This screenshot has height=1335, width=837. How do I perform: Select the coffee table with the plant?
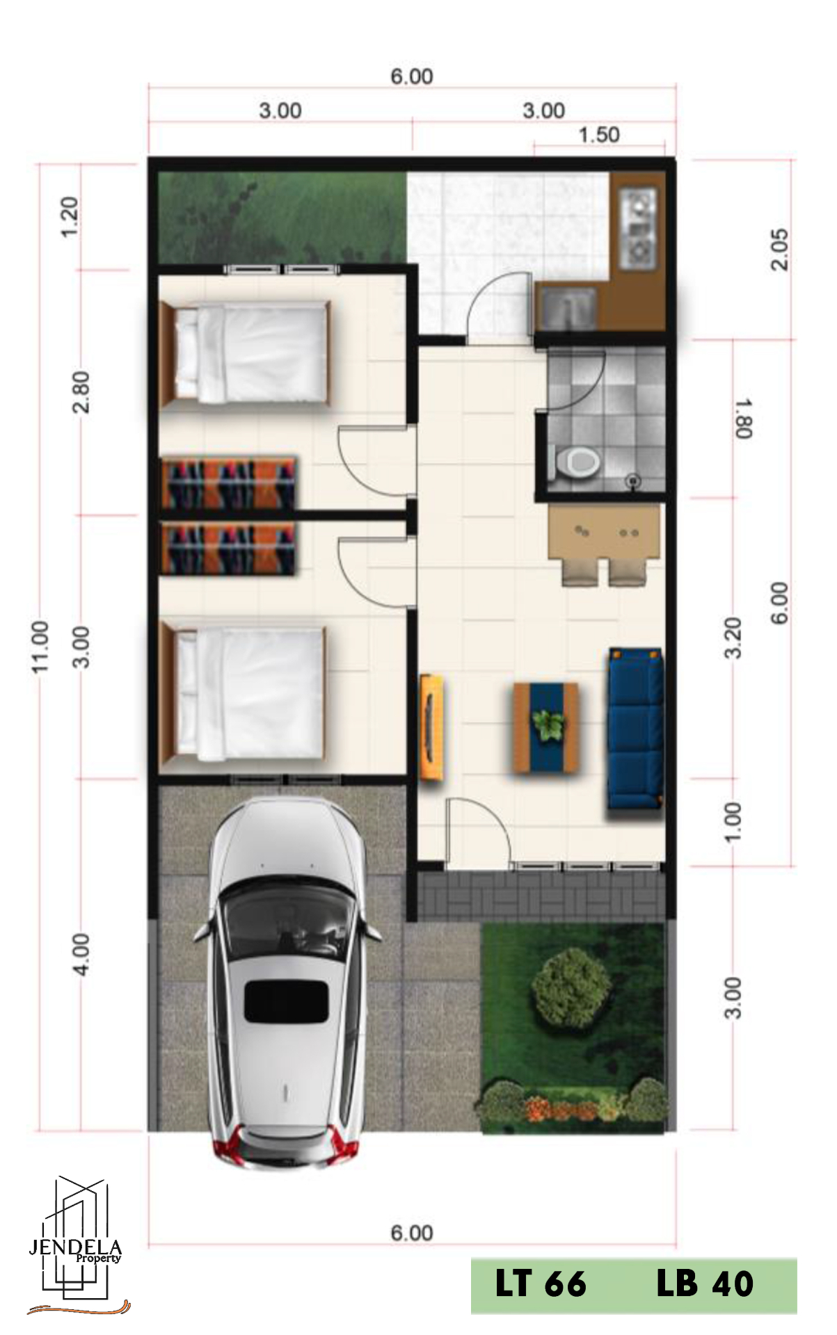coord(546,727)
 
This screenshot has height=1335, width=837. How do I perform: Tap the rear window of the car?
coord(286,1001)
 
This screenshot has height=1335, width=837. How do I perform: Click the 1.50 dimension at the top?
coord(599,135)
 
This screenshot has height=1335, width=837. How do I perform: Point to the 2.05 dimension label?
coord(780,249)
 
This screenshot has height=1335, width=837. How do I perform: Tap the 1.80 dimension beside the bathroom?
coord(743,419)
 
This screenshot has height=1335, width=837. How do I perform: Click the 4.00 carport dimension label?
coord(81,955)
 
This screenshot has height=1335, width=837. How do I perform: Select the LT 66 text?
coord(541,1283)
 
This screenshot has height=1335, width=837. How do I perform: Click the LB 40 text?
coord(704,1283)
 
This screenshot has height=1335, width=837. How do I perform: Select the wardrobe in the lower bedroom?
coord(229,547)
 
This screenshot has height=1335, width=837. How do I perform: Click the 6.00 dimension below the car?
coord(412,1233)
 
